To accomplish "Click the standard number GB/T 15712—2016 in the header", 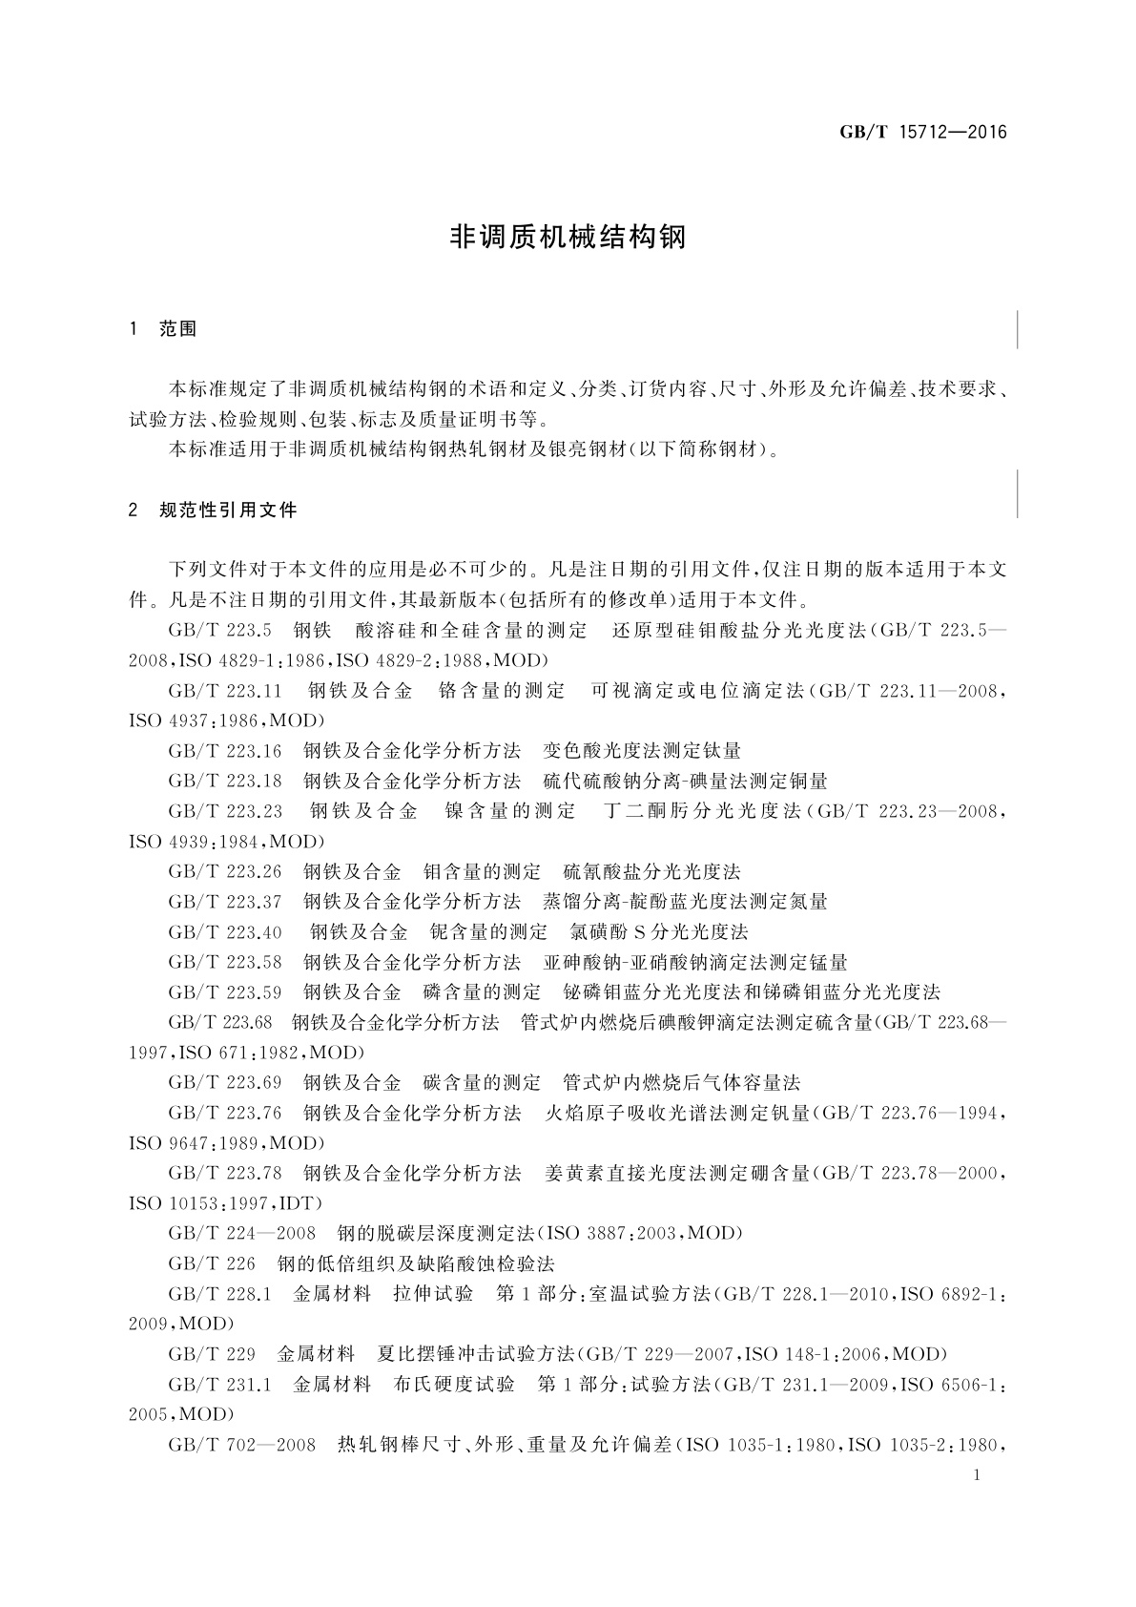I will [922, 133].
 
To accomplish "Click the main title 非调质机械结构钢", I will [568, 238].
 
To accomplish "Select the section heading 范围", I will [178, 329].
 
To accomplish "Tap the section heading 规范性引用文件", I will [228, 510].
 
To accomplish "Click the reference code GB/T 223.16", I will [225, 751].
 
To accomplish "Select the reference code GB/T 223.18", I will [225, 781].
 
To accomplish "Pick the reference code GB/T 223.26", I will [225, 871].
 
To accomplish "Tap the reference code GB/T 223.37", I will [225, 902].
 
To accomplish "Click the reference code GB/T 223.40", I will [225, 931].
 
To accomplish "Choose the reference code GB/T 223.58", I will [225, 962].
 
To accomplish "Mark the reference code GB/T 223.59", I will [225, 992].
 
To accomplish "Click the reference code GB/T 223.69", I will [225, 1082].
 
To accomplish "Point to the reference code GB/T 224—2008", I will [241, 1233].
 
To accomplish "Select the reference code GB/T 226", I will [212, 1263].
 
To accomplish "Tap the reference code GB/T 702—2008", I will [241, 1445].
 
